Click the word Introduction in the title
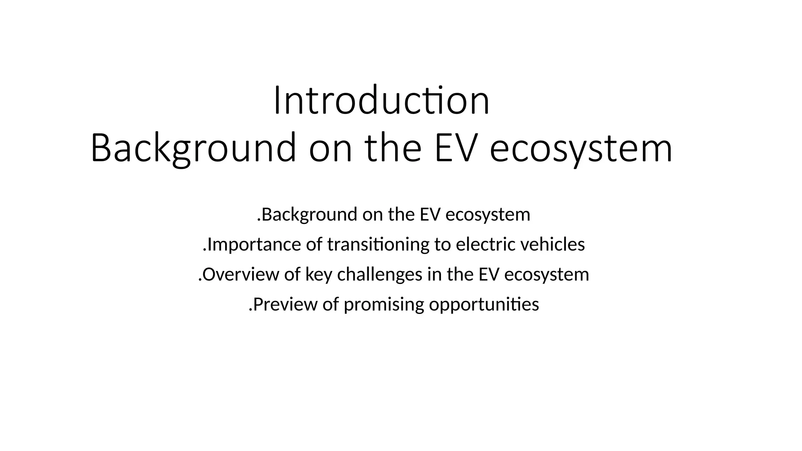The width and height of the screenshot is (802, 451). coord(381,101)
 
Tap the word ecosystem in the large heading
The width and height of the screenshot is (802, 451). coord(581,148)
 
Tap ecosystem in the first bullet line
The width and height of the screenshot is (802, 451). coord(488,215)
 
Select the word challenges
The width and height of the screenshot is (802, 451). coord(379,274)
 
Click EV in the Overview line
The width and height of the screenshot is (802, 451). coord(489,274)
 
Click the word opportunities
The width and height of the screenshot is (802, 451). coord(484,305)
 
